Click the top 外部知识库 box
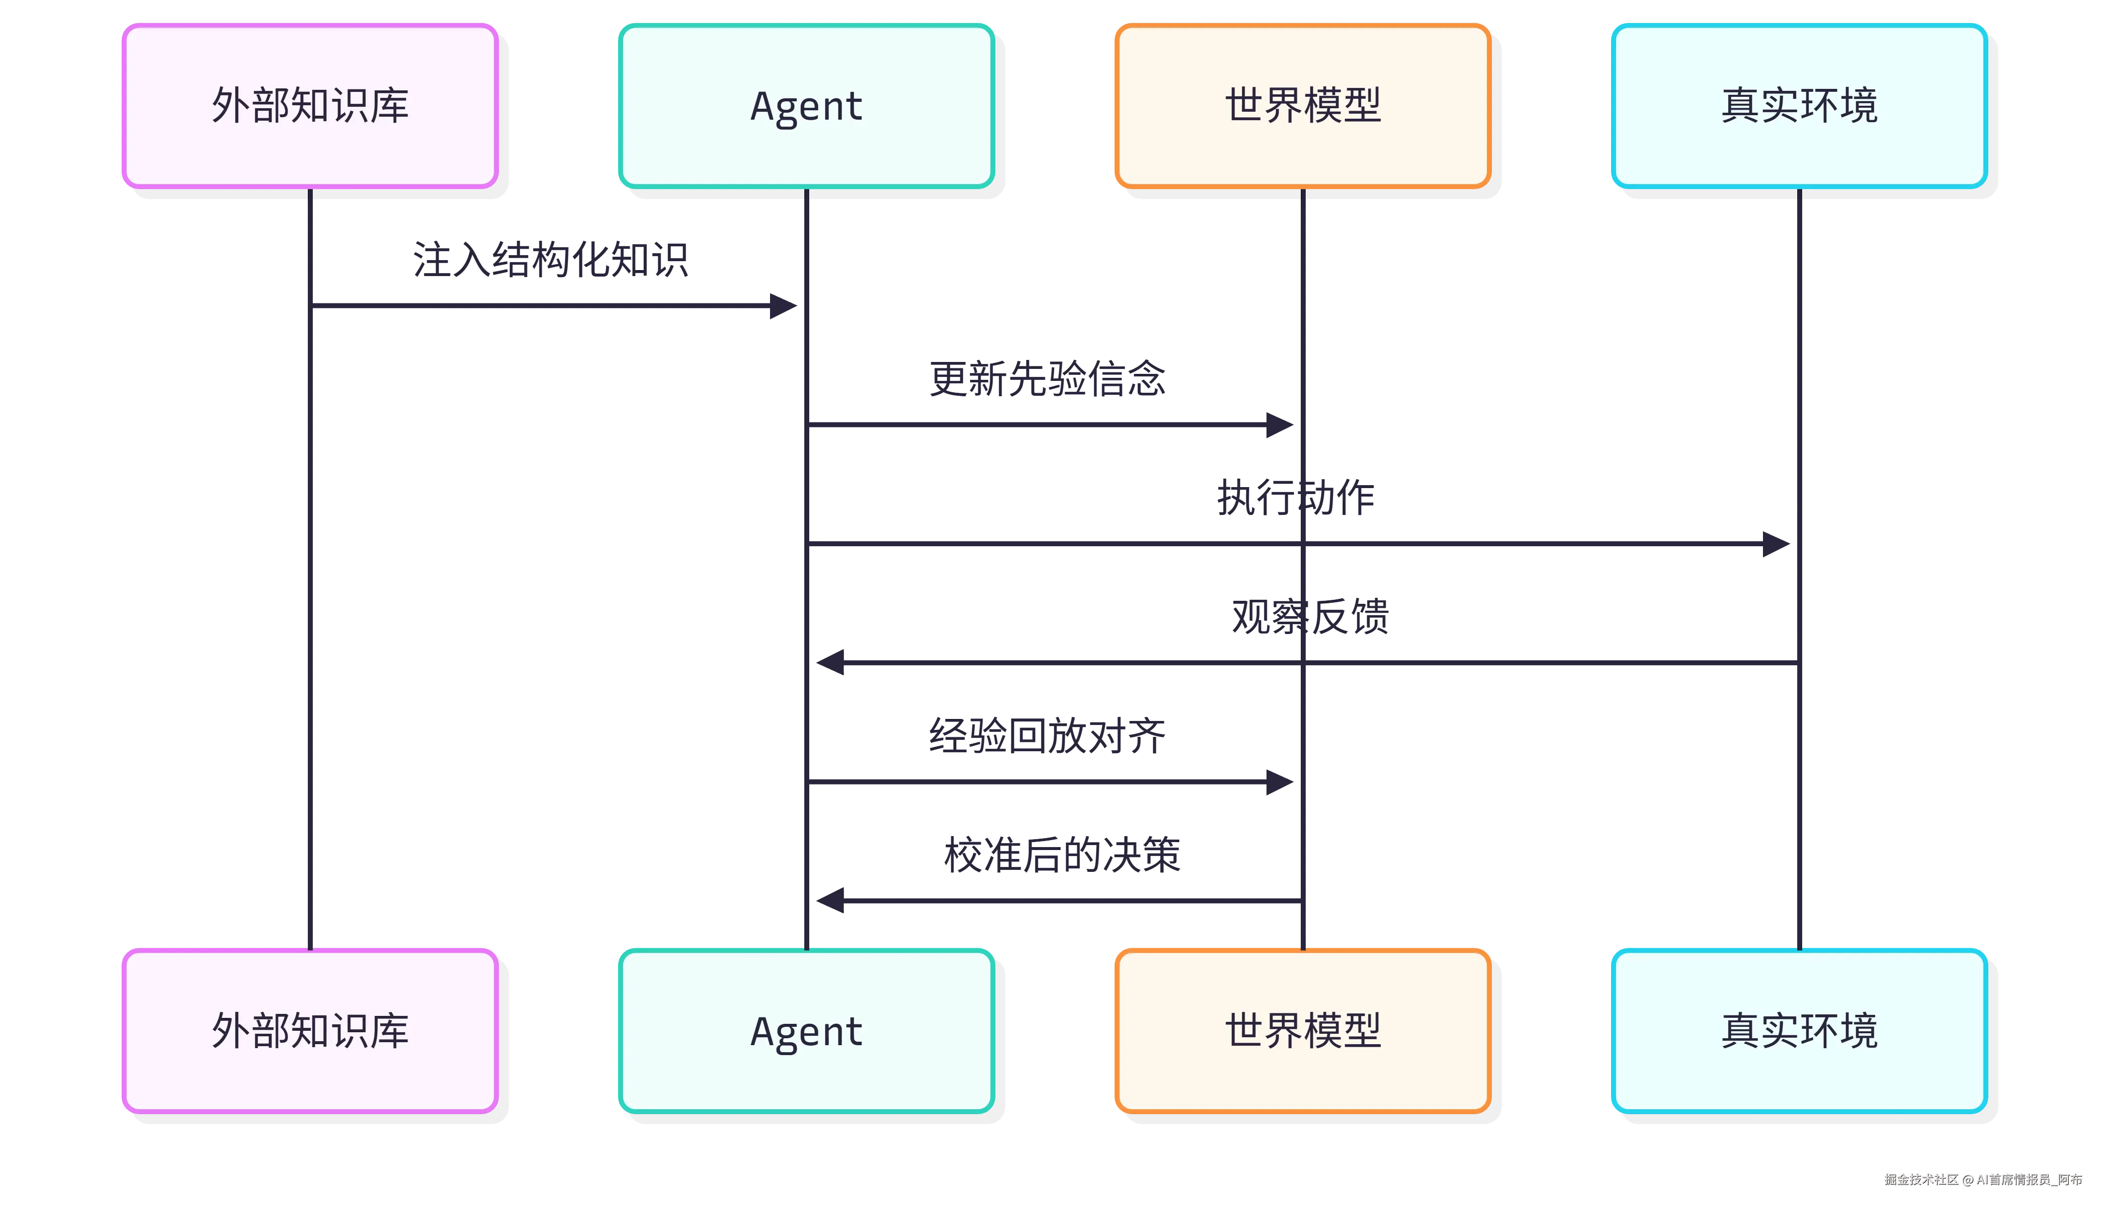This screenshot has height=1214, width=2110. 309,106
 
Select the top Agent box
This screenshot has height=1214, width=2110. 806,106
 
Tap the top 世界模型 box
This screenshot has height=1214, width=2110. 1302,106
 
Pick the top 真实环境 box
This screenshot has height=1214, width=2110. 1799,106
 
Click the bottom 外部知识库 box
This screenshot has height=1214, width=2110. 309,1031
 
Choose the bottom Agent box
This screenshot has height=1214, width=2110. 806,1031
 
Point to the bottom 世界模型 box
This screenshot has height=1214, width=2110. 1302,1031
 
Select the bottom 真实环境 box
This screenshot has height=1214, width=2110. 1799,1031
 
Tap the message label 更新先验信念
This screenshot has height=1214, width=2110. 1048,378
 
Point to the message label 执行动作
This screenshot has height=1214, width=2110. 1295,498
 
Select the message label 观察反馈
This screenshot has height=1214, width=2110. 1310,617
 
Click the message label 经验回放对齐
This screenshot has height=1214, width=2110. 1048,735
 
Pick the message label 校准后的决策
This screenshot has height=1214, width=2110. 1062,855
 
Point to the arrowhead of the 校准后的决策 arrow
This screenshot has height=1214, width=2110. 830,901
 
